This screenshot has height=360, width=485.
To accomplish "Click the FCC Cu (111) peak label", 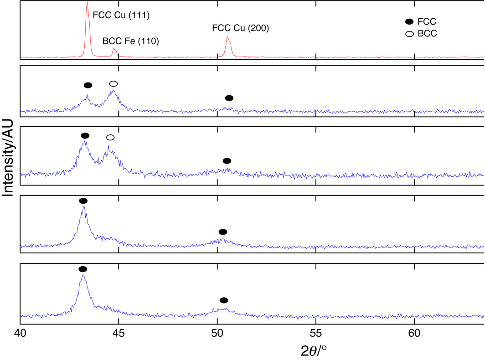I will (121, 15).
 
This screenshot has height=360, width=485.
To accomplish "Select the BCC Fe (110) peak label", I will (130, 41).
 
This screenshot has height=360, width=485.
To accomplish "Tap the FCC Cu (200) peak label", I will (241, 28).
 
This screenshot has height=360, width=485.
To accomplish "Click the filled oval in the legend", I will (409, 21).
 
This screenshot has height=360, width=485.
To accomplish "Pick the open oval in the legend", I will (409, 33).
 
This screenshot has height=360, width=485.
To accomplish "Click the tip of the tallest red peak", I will (87, 2).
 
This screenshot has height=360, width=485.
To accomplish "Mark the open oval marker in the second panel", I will (114, 83).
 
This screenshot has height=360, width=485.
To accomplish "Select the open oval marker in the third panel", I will (110, 138).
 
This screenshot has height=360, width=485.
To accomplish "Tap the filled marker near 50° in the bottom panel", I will (223, 300).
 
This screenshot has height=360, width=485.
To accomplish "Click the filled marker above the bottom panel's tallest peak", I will (83, 269).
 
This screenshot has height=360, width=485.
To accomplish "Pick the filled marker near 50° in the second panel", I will (229, 98).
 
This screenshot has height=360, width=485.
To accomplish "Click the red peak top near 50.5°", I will (227, 37).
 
